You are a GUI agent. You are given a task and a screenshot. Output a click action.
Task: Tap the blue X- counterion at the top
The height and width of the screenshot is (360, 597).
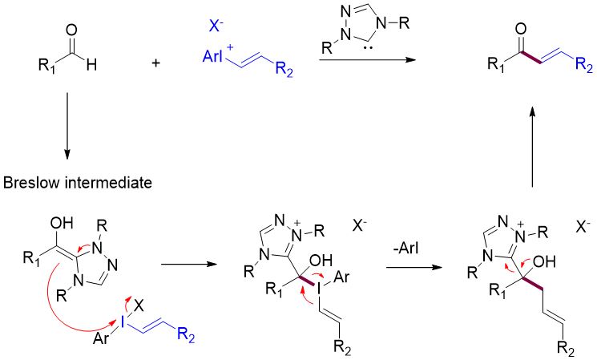[x=216, y=26]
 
